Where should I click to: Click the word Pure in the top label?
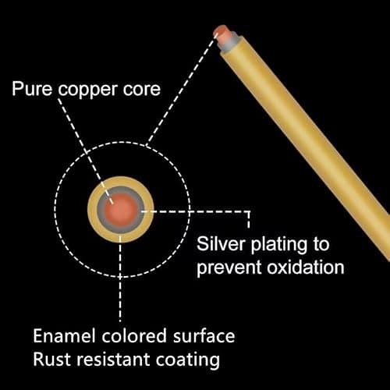click(32, 89)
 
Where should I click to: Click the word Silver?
click(221, 244)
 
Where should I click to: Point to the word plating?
click(278, 246)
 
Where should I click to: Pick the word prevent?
click(229, 269)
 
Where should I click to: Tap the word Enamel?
click(64, 335)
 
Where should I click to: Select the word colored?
click(134, 335)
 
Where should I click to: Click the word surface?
click(204, 335)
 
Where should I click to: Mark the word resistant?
click(113, 360)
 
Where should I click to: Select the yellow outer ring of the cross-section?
click(121, 238)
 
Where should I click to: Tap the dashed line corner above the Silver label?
click(249, 211)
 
